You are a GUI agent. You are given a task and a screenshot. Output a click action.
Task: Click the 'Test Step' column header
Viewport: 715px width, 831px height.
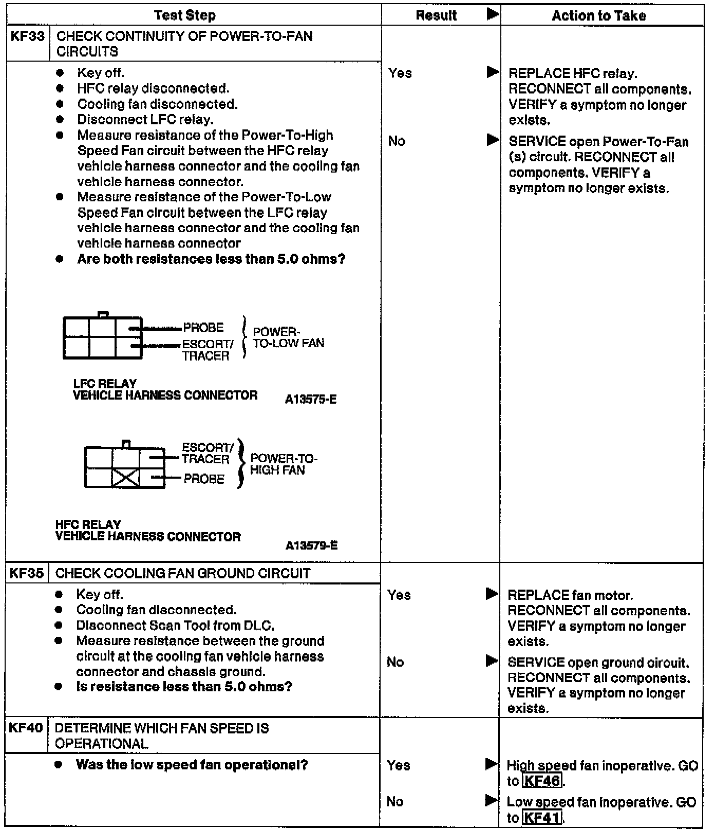[x=184, y=15]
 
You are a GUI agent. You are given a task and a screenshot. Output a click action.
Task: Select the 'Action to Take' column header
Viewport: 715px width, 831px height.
[x=598, y=16]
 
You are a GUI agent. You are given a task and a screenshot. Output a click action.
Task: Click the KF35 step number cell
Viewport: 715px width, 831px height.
[x=27, y=573]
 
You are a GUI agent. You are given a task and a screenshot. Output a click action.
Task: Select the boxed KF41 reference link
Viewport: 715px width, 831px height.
[x=541, y=817]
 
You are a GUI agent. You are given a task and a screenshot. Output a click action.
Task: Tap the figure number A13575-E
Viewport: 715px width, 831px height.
[x=311, y=399]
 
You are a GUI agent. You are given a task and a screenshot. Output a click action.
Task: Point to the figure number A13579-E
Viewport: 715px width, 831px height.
[x=311, y=545]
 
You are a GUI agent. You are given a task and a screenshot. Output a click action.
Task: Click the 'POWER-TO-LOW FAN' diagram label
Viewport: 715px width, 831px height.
[x=288, y=337]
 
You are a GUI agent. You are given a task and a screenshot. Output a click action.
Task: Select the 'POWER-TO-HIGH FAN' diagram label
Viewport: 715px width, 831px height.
[x=284, y=464]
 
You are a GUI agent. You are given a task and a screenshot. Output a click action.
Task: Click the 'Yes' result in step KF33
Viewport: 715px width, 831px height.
[x=400, y=73]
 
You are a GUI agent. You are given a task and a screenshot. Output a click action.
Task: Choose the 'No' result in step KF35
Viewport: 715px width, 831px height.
[x=395, y=662]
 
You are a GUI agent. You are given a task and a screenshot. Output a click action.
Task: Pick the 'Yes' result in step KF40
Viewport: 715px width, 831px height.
[x=399, y=765]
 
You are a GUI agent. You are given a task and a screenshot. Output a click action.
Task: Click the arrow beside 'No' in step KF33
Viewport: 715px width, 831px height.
[x=493, y=140]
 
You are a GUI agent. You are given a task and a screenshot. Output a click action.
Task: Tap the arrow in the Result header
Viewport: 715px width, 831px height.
[x=493, y=14]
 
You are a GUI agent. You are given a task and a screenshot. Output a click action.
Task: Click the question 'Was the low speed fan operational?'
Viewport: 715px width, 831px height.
[x=192, y=765]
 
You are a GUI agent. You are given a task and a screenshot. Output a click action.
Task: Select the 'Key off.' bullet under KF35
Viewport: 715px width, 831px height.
[x=100, y=594]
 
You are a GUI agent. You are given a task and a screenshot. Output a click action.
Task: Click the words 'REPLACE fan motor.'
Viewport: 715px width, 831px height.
[x=570, y=595]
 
